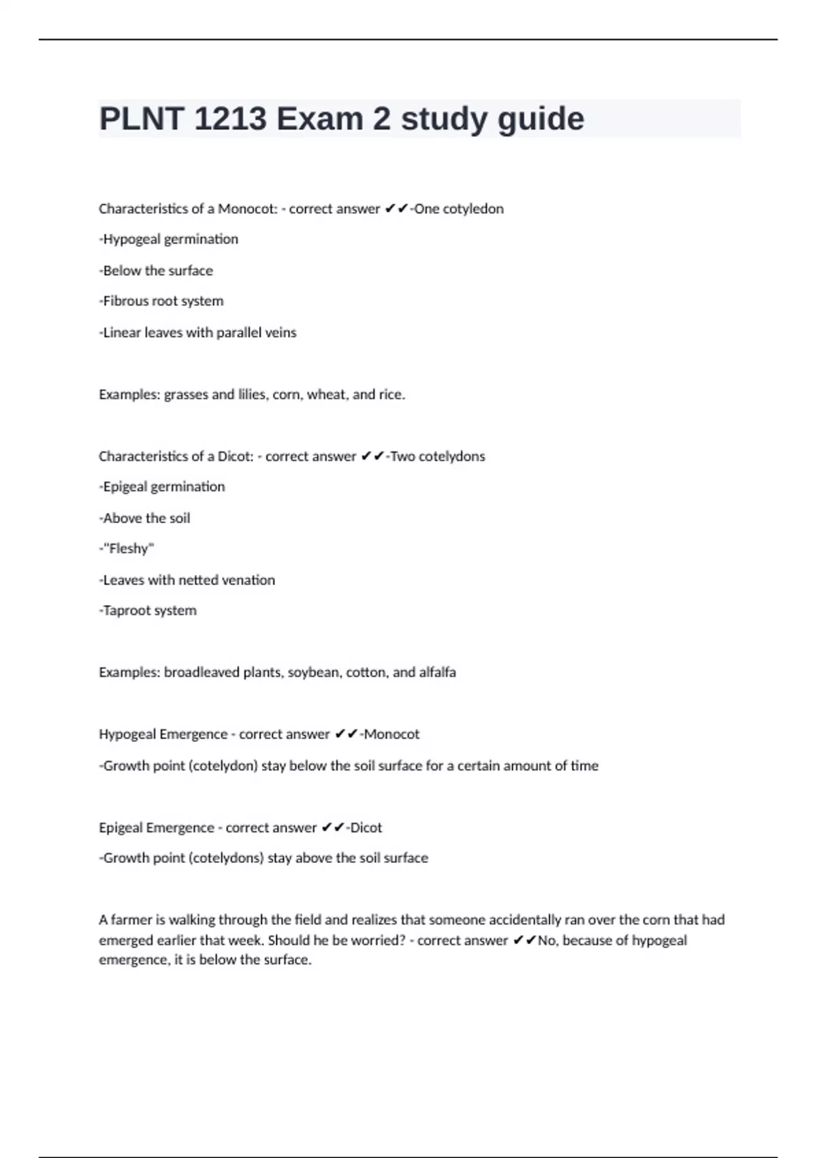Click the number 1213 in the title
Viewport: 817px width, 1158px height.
[x=230, y=119]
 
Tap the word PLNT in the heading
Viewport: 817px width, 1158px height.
[x=141, y=119]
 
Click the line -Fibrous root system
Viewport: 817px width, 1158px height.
[x=161, y=301]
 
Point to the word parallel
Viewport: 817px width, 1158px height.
[x=226, y=332]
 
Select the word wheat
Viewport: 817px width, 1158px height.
[x=327, y=394]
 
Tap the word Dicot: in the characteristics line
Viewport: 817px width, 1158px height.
[x=236, y=456]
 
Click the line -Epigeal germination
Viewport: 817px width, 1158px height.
[x=162, y=487]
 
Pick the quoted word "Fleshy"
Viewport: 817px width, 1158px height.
[x=129, y=548]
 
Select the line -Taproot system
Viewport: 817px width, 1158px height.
[x=148, y=610]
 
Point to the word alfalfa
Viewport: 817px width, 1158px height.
[x=437, y=672]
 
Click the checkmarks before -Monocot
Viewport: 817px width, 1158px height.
[x=347, y=734]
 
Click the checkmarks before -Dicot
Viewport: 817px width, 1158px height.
[x=333, y=828]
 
